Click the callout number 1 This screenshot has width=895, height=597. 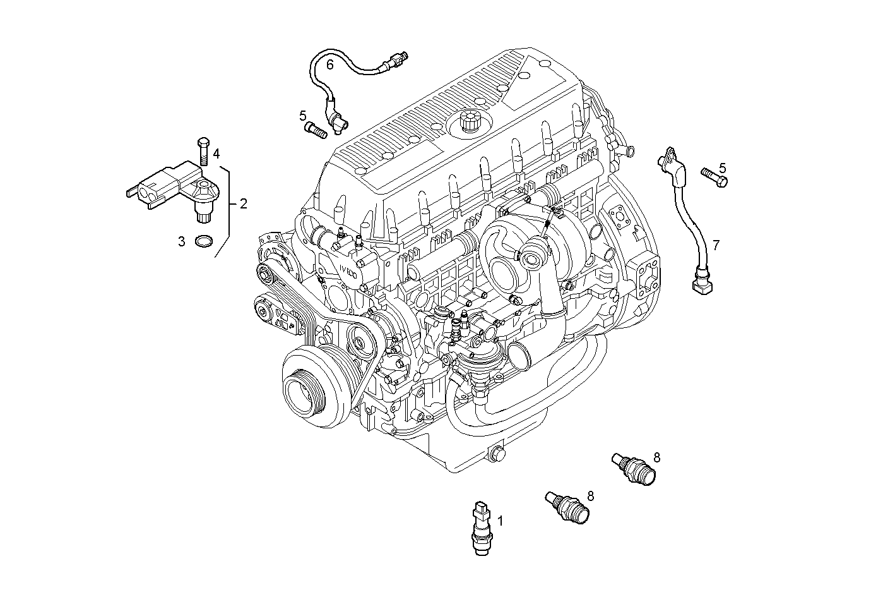501,521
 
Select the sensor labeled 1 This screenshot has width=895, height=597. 482,527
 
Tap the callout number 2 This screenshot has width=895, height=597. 243,203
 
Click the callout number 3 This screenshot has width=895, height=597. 182,241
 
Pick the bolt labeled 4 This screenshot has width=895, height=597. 203,151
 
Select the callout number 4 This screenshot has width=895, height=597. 216,154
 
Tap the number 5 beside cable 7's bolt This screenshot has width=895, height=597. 723,168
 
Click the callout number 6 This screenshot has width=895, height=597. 329,64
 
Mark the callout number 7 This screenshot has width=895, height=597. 716,245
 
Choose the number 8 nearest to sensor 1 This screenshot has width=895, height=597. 590,496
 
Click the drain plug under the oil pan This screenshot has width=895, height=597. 498,453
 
